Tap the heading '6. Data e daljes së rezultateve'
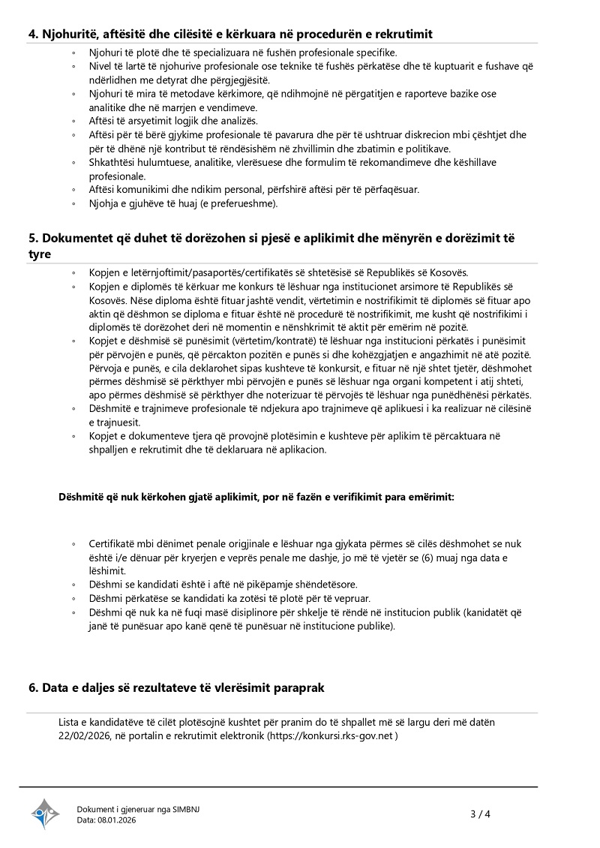coord(176,687)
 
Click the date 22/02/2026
coord(85,736)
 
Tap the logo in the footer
coord(44,813)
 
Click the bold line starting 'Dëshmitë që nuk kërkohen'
coord(256,497)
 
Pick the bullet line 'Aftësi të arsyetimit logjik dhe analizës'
coord(173,121)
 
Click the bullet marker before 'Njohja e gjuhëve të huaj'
coord(73,203)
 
